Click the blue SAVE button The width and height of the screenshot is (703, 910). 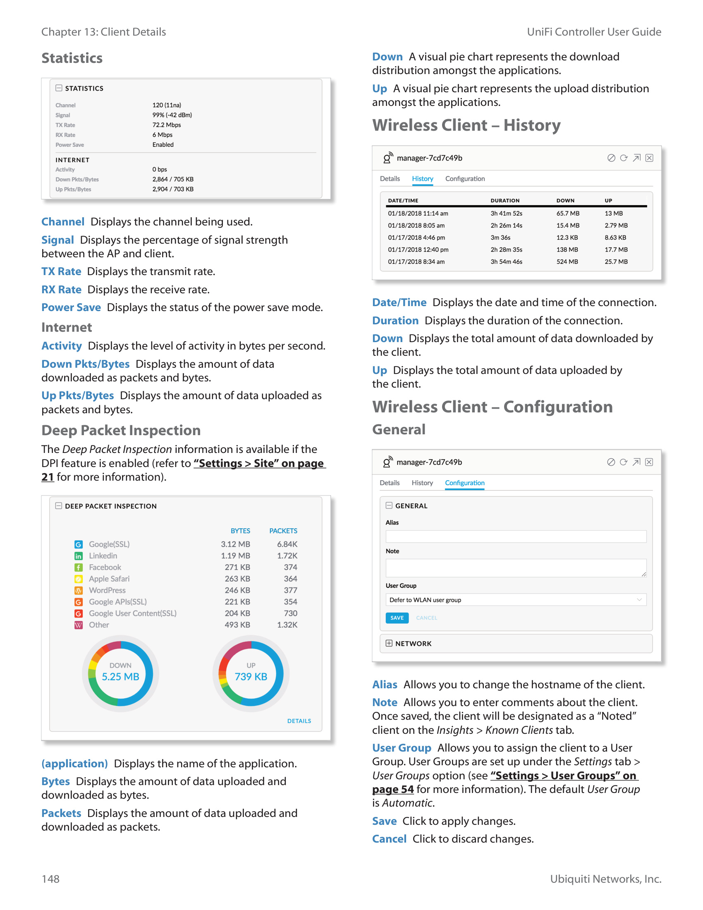397,618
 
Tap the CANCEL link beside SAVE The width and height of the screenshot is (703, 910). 426,618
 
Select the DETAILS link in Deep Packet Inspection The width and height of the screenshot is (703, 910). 299,721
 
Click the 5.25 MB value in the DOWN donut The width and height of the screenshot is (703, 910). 120,677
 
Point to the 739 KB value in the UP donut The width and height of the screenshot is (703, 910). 251,677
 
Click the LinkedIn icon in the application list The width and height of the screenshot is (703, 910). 78,556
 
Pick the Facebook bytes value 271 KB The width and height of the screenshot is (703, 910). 237,567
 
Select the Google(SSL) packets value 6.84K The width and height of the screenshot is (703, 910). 287,544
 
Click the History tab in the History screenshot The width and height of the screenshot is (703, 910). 422,179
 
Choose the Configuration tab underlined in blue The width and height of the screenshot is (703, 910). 464,483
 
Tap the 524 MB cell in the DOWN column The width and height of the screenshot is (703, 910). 567,262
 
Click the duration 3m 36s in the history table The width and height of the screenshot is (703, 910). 500,237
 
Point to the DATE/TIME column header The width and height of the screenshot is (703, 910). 403,201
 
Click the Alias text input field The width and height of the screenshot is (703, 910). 516,536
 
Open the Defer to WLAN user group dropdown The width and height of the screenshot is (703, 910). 516,600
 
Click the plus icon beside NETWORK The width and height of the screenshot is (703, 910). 389,643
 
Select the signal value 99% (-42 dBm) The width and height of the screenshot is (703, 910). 172,115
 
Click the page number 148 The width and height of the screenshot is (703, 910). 50,879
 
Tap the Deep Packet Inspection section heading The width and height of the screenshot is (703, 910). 121,431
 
